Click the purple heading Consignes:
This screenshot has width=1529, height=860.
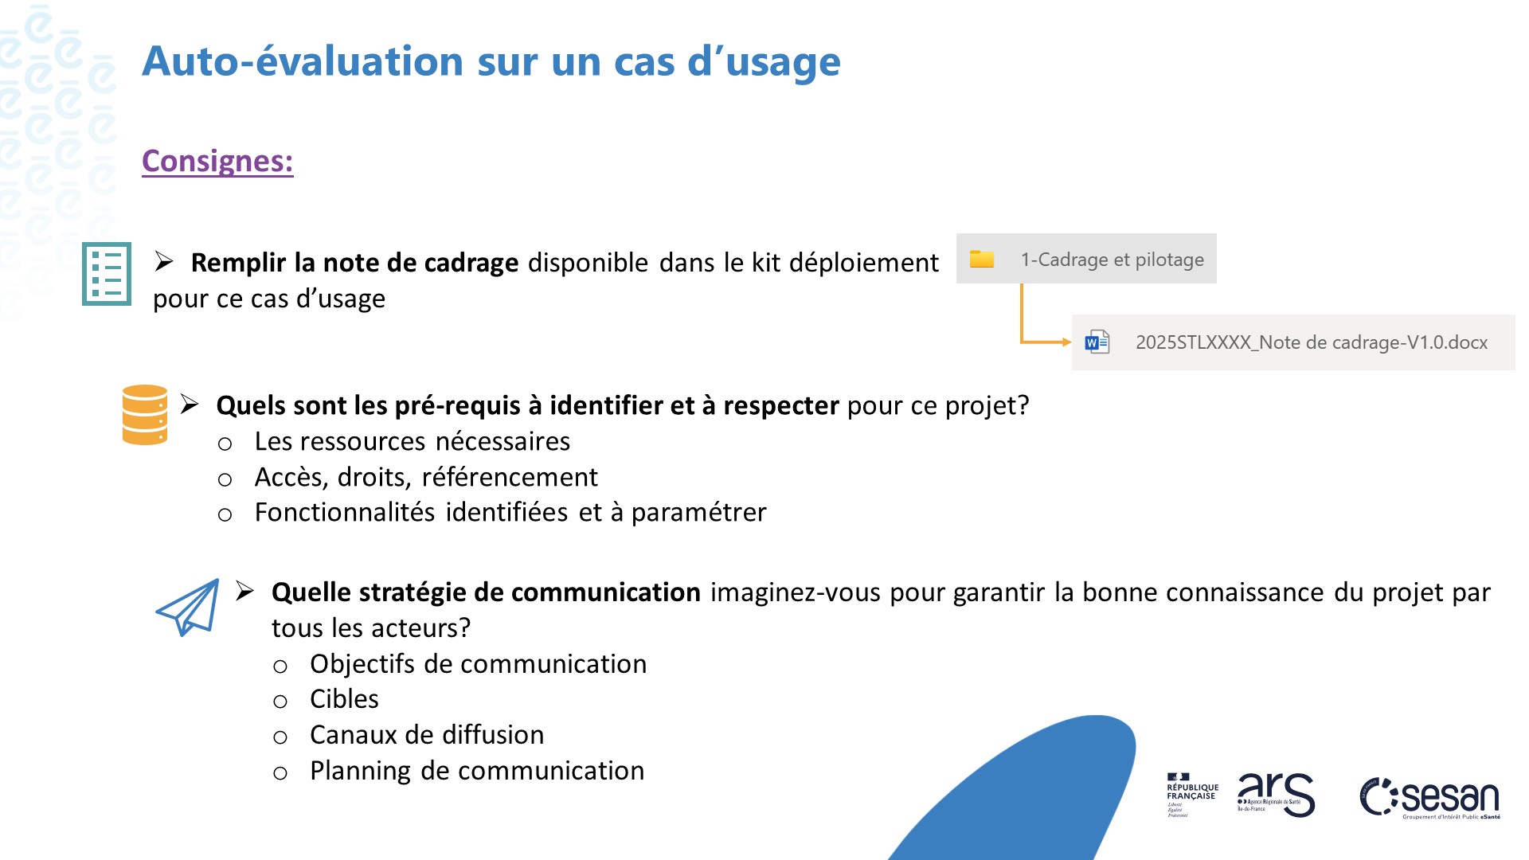coord(217,161)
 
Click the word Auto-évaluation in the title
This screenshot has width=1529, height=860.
coord(303,61)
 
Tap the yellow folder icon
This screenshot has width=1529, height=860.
coord(981,259)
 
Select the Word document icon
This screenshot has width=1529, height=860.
coord(1097,342)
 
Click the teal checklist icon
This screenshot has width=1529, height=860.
coord(107,274)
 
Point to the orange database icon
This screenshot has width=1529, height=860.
coord(145,415)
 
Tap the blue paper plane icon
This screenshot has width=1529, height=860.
coord(189,607)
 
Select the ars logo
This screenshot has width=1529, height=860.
coord(1276,794)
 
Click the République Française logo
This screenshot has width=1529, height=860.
coord(1192,794)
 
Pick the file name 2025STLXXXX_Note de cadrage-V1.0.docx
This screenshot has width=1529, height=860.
coord(1311,342)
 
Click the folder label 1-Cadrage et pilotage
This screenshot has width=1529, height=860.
coord(1112,260)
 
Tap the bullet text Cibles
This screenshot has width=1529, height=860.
coord(344,699)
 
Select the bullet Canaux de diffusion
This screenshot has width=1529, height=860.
coord(427,735)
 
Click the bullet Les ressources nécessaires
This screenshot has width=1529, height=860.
coord(412,441)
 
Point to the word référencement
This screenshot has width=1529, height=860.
coord(510,477)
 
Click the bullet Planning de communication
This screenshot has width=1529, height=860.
coord(477,771)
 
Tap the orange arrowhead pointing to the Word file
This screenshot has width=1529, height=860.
coord(1066,342)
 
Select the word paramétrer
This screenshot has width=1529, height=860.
coord(698,512)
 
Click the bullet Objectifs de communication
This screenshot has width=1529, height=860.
coord(478,664)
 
